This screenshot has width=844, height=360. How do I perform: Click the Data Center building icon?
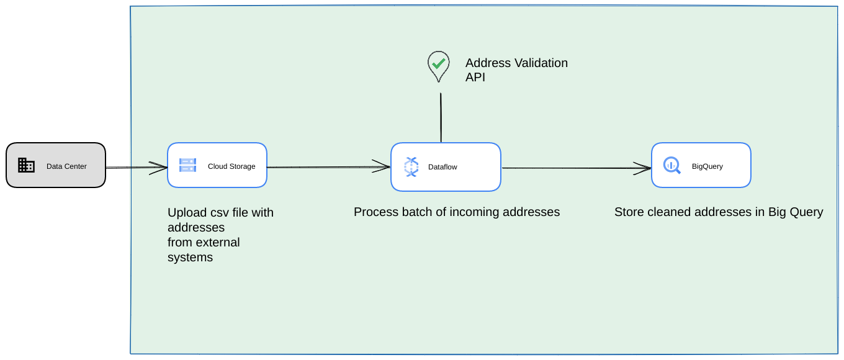pos(26,165)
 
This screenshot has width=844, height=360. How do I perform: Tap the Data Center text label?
pos(66,166)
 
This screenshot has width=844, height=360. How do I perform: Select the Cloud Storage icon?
pos(187,165)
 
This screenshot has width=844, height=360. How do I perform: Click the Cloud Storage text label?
pos(231,166)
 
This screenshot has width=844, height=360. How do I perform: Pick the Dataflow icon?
pos(411,166)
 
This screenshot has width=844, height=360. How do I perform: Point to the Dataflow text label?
pos(442,167)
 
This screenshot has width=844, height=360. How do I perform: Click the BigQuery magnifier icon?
pos(671,165)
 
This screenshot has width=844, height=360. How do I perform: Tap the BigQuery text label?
pos(707,166)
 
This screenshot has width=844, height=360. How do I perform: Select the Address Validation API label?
pos(516,70)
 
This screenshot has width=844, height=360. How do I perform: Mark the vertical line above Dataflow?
pos(441,118)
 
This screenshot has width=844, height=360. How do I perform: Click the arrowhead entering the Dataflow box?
pos(382,166)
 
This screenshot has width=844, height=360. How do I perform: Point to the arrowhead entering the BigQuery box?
pos(642,167)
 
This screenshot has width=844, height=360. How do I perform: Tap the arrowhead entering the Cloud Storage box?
pos(159,167)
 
